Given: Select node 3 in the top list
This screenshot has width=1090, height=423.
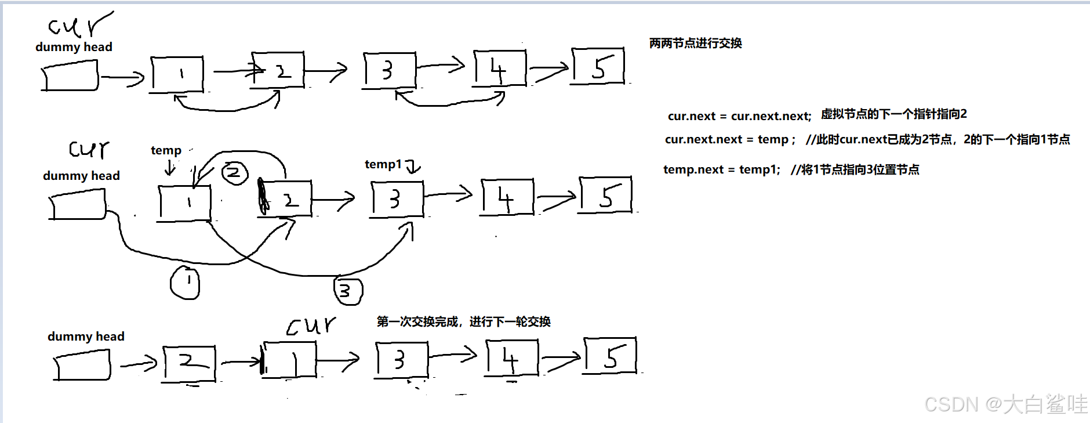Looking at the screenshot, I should click(x=389, y=71).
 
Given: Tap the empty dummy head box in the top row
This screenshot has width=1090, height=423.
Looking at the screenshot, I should click(x=70, y=78).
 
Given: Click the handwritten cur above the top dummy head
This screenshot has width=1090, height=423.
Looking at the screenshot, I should click(x=79, y=25).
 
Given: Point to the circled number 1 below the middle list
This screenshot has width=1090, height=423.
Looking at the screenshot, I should click(x=185, y=283).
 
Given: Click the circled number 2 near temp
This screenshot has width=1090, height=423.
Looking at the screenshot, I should click(x=234, y=173).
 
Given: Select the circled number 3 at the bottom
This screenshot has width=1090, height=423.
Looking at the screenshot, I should click(x=348, y=291).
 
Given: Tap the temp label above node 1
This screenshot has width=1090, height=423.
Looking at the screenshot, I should click(x=166, y=150).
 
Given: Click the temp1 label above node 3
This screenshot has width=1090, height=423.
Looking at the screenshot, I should click(x=383, y=164).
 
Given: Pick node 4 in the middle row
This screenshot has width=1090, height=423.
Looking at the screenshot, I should click(x=507, y=198).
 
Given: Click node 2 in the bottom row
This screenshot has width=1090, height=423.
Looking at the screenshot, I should click(x=190, y=363).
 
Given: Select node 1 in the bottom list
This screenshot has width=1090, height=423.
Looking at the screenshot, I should click(x=289, y=360).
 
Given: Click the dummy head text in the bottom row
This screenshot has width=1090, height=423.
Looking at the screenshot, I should click(x=86, y=337).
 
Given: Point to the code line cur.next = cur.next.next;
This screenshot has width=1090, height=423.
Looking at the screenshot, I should click(x=739, y=116).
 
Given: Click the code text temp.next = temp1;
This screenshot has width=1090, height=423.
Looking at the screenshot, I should click(x=721, y=169).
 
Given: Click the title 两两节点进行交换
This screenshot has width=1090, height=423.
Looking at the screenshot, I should click(x=695, y=43).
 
